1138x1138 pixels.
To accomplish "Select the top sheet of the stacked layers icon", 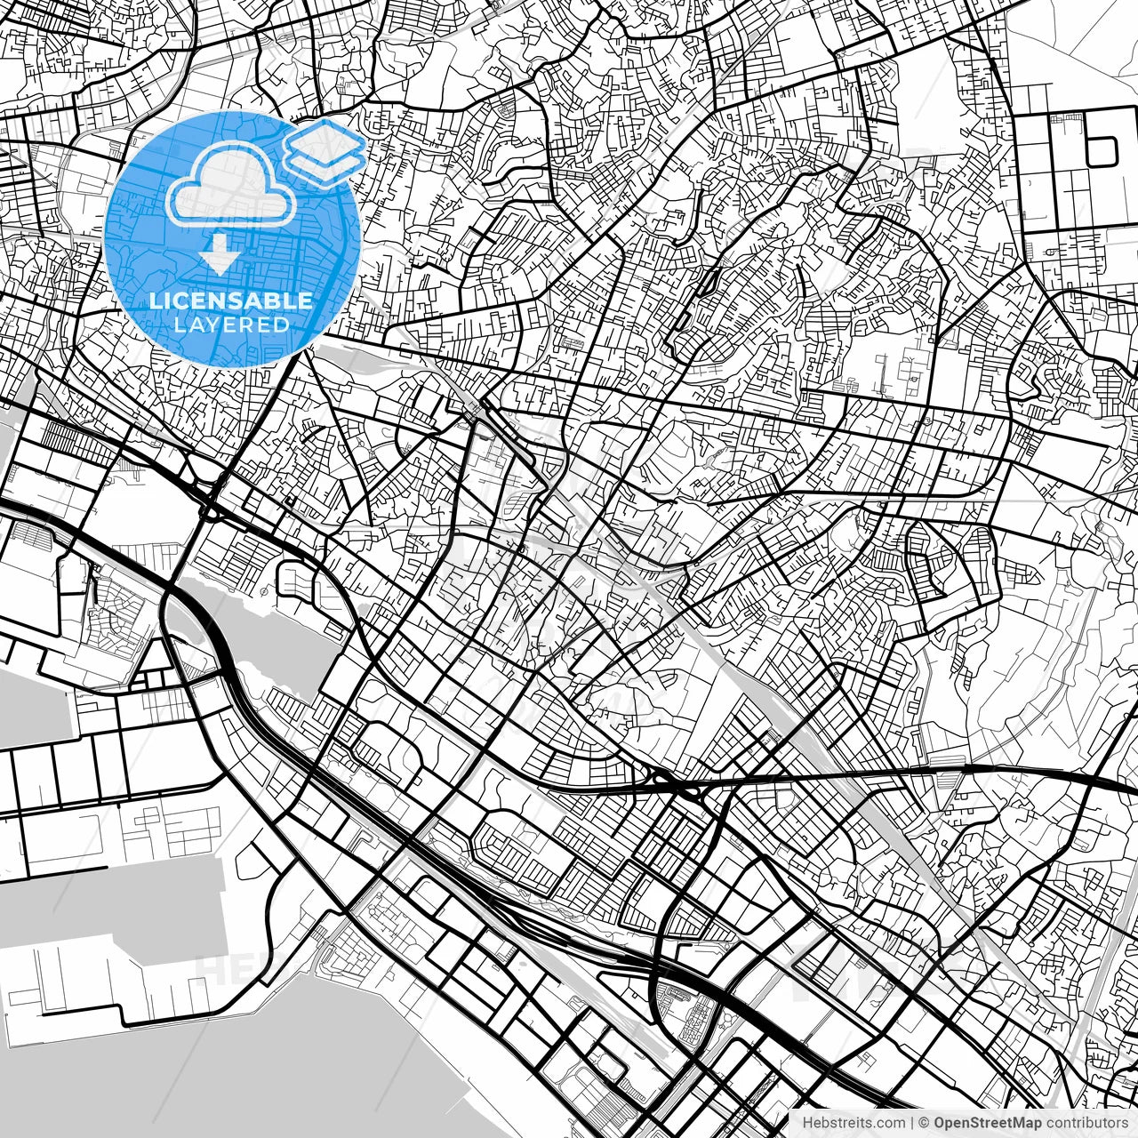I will [x=325, y=138].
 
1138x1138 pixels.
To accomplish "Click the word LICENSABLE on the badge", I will [x=231, y=301].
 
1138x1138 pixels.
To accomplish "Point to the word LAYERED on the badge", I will [x=231, y=325].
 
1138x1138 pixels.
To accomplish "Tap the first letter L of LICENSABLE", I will [x=155, y=301].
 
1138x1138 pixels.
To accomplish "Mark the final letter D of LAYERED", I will [x=282, y=325].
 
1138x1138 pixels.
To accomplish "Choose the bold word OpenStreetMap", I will [x=988, y=1123].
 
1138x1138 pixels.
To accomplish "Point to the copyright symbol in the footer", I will [x=925, y=1123].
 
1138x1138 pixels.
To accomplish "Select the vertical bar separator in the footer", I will [x=913, y=1123].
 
